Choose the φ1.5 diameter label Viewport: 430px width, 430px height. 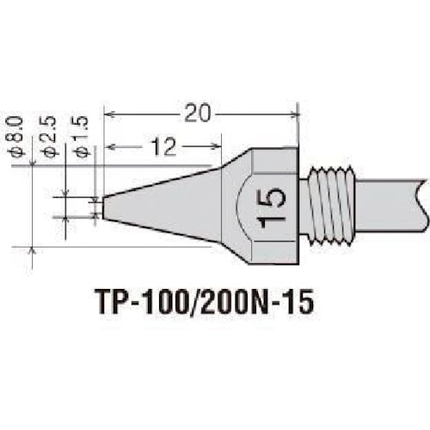83,138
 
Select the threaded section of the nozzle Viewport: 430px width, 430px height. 332,207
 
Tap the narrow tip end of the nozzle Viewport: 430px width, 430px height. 105,207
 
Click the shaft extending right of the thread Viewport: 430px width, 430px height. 387,203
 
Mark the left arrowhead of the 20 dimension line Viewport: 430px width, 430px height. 108,113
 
